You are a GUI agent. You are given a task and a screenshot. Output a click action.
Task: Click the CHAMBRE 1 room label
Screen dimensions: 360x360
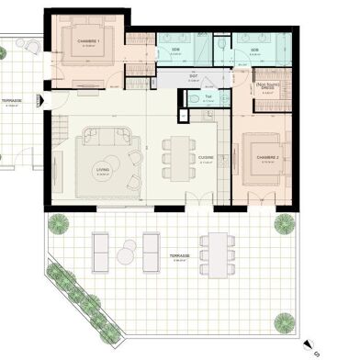(x=88, y=41)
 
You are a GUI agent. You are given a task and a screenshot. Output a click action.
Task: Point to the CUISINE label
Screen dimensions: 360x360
(x=207, y=157)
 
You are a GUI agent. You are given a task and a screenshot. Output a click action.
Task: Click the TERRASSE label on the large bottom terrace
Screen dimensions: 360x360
(x=180, y=256)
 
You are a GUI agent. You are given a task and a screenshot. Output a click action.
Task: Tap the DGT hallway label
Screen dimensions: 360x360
(x=194, y=76)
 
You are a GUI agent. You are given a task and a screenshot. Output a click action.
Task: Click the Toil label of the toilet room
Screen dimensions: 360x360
(x=209, y=96)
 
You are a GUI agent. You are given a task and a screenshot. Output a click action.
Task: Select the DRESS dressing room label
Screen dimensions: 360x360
(x=267, y=90)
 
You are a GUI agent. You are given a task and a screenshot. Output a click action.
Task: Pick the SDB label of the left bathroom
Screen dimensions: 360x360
(x=176, y=51)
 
